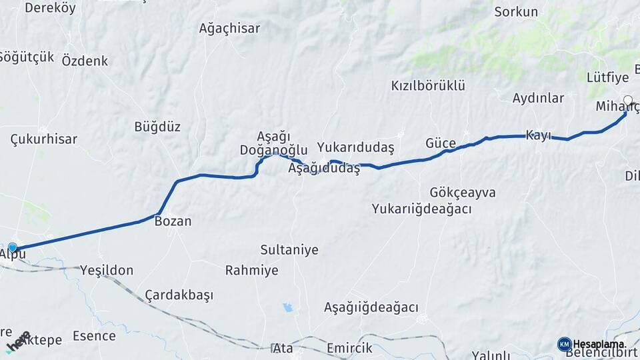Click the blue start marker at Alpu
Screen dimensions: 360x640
[12, 248]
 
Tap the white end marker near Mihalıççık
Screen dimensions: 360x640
[627, 100]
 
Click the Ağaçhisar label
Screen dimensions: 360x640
[229, 29]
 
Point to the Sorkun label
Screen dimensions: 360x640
[512, 12]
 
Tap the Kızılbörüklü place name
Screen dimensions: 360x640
[428, 85]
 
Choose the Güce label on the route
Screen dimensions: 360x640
[441, 143]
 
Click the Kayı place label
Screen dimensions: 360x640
[539, 135]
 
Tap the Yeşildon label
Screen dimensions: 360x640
[107, 270]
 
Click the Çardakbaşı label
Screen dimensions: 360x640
[178, 295]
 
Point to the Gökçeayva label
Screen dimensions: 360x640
[463, 193]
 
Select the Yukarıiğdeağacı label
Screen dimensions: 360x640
[422, 209]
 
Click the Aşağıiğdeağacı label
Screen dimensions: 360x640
[371, 307]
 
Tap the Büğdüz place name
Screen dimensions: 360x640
[157, 127]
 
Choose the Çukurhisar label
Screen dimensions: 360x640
[44, 139]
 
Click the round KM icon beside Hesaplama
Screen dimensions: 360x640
[564, 344]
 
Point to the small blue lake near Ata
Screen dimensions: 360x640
[287, 307]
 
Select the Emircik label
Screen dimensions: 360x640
[349, 348]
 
